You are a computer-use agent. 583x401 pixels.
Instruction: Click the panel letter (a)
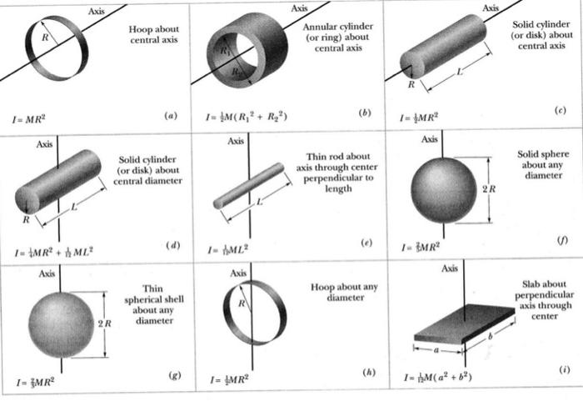(x=172, y=116)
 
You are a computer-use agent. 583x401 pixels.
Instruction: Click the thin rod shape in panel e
(x=249, y=186)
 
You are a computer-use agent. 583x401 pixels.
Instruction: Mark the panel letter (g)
(x=175, y=376)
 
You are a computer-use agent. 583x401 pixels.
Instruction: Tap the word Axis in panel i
(x=450, y=268)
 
